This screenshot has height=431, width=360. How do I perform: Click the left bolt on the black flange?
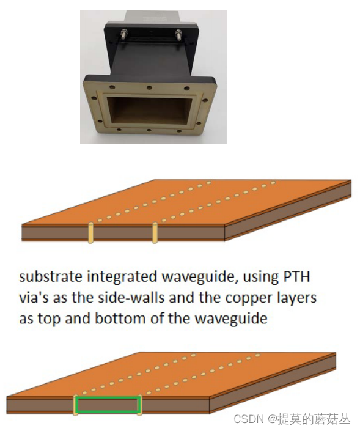(x=124, y=34)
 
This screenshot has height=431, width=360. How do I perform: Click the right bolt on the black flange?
(x=178, y=35)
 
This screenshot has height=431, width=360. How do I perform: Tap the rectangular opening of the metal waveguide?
(x=149, y=111)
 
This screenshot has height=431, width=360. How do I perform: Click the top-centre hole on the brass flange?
(x=149, y=87)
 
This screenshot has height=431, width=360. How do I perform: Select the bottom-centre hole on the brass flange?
(x=149, y=130)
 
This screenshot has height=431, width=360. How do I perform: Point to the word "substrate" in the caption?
(x=51, y=276)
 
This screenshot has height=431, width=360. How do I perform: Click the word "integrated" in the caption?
(x=122, y=277)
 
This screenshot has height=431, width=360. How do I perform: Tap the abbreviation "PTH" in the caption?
(x=296, y=276)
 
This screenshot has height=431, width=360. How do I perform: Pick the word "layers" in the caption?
(x=296, y=298)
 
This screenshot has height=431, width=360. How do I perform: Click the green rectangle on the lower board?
(x=108, y=397)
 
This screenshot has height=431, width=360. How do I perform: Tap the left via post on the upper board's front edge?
(x=90, y=233)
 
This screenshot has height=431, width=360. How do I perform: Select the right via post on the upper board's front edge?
(x=155, y=233)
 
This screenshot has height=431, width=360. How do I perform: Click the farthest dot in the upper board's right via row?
(x=273, y=183)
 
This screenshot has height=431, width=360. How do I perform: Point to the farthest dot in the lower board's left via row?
(x=193, y=355)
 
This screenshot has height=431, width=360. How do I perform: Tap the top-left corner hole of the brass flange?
(x=112, y=87)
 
